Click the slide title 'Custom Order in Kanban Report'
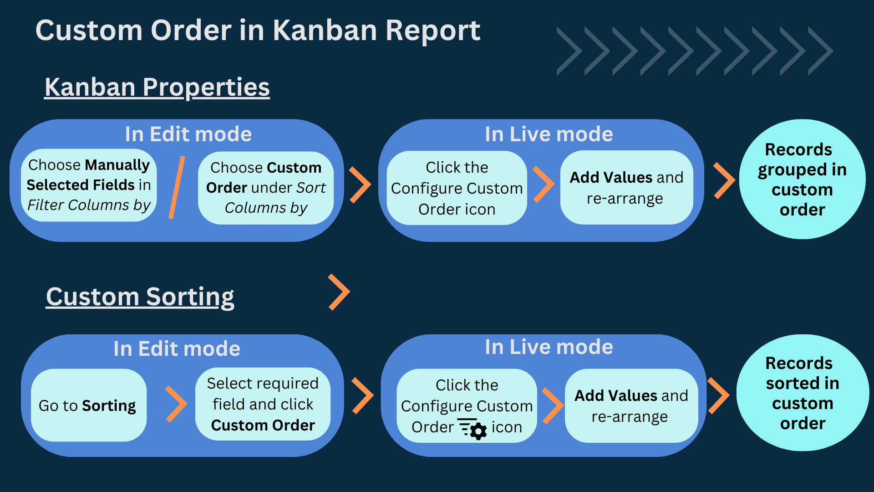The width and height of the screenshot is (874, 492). pos(258,31)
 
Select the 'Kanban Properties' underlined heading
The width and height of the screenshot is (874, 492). pos(157,87)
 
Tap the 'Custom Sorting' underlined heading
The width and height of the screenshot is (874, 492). pos(140,297)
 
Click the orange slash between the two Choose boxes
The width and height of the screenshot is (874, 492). pos(177,187)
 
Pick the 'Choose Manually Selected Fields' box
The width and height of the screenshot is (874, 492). pos(89,185)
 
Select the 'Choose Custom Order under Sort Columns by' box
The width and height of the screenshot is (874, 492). pos(266,188)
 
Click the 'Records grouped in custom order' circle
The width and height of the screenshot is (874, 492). pos(802,179)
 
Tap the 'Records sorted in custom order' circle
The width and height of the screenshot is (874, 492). pos(803,393)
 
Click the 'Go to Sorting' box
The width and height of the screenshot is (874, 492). pos(88,405)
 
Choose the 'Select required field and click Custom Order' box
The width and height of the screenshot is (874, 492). pos(263,404)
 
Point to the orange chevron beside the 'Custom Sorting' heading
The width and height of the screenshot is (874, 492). pos(339,292)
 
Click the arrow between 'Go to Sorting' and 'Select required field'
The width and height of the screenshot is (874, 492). pos(176,404)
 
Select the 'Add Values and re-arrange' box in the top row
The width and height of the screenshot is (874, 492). pos(626,187)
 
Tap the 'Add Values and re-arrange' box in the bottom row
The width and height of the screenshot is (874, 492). pos(631,405)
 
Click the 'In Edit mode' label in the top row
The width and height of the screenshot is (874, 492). pos(188,134)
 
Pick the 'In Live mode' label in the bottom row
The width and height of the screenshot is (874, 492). pos(549,347)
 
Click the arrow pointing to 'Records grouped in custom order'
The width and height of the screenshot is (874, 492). pos(724,180)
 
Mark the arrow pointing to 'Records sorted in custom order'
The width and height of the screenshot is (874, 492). pos(718,395)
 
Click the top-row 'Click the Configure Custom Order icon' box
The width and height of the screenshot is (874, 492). pos(457,188)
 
